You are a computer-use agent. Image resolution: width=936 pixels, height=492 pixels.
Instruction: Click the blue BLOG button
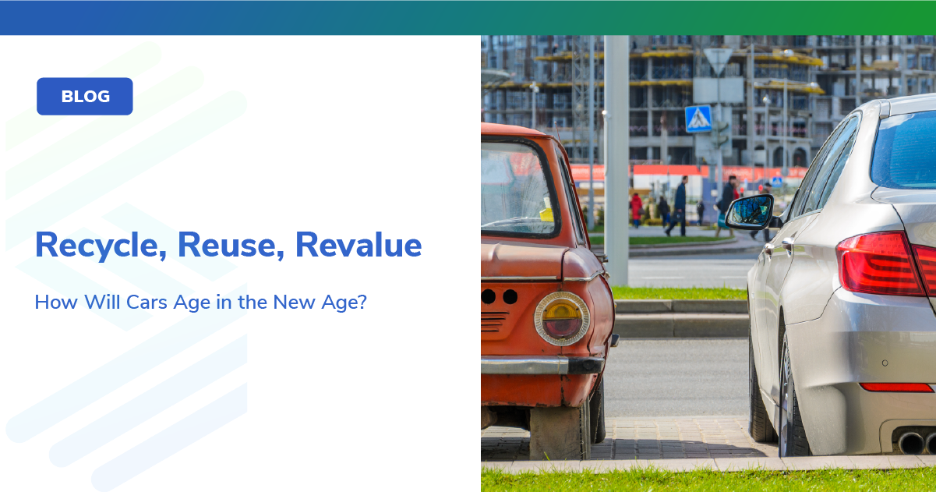click(85, 97)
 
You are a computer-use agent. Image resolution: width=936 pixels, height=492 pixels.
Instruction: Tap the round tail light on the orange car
click(561, 318)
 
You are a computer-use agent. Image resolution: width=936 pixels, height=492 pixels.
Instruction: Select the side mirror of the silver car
click(749, 211)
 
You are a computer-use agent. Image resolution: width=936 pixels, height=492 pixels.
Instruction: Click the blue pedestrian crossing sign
click(698, 119)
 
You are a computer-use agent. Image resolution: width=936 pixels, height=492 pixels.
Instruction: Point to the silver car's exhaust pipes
click(917, 442)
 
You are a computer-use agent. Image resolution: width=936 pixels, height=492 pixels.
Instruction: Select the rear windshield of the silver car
click(904, 147)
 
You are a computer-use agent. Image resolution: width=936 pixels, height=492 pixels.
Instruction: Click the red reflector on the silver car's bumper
click(895, 387)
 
